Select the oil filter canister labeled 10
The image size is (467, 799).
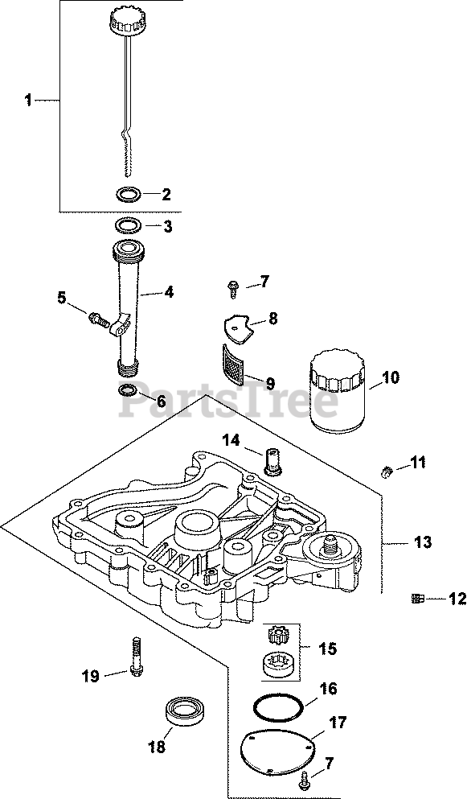point(336,391)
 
